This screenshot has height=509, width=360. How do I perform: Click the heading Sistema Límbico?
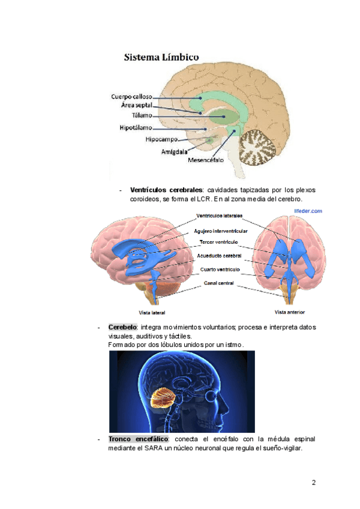162,58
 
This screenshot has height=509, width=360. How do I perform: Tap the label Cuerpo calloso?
131,96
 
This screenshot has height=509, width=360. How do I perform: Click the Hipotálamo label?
135,128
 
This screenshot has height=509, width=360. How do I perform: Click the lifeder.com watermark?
308,211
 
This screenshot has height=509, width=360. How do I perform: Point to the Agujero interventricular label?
221,230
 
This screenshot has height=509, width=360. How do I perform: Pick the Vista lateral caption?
152,313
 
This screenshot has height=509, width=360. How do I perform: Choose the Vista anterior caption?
290,312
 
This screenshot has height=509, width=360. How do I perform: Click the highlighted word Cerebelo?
122,327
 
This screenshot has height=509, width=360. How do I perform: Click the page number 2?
313,483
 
